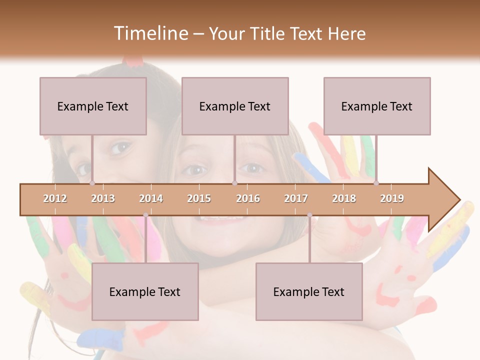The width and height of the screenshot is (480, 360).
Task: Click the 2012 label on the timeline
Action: (55, 198)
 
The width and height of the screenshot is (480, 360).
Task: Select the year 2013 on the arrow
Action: (103, 198)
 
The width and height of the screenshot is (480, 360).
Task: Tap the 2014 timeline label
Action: (151, 198)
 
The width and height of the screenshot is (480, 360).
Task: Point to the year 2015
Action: (199, 198)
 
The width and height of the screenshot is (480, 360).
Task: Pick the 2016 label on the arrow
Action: (248, 198)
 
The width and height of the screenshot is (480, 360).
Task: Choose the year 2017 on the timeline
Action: (296, 198)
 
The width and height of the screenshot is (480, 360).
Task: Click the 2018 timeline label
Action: (344, 198)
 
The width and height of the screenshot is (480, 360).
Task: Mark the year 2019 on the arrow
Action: (392, 198)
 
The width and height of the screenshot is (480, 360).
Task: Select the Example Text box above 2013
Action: (93, 106)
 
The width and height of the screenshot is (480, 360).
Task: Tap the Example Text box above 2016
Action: (235, 106)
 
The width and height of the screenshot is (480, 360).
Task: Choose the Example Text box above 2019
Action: (377, 106)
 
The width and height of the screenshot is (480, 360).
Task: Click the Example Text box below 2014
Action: (145, 291)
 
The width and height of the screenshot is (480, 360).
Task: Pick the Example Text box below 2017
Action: (309, 291)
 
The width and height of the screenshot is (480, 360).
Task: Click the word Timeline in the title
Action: (150, 33)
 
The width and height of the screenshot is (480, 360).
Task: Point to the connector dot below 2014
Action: (145, 215)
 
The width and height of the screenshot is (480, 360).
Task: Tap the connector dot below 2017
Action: (309, 215)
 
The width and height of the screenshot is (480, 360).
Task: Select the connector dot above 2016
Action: (234, 183)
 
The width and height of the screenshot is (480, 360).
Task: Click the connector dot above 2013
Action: (92, 183)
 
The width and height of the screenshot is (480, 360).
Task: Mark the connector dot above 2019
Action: (376, 183)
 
